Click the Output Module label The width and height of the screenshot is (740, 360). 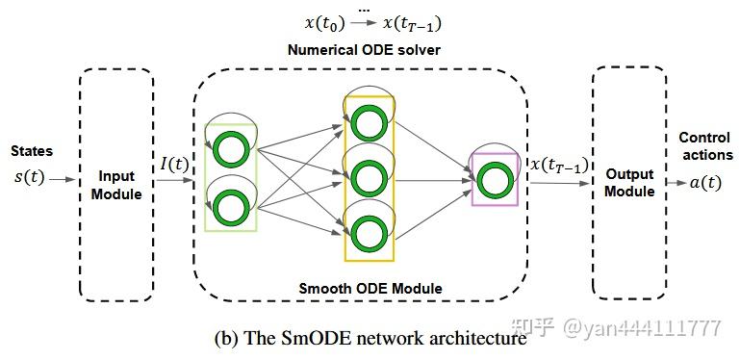628,182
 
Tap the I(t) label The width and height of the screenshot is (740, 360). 174,166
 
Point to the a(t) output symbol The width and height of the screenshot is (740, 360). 705,182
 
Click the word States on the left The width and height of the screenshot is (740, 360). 32,151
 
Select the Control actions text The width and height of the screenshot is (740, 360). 705,146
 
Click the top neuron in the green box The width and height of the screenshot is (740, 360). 229,149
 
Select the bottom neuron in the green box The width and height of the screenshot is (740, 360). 229,206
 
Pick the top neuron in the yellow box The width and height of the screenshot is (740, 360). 369,122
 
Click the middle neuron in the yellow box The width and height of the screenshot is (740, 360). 369,177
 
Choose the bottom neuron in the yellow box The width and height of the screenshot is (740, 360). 369,234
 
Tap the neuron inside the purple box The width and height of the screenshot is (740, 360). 494,179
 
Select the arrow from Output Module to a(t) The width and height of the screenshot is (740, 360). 676,183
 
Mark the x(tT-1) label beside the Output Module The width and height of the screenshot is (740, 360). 560,165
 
